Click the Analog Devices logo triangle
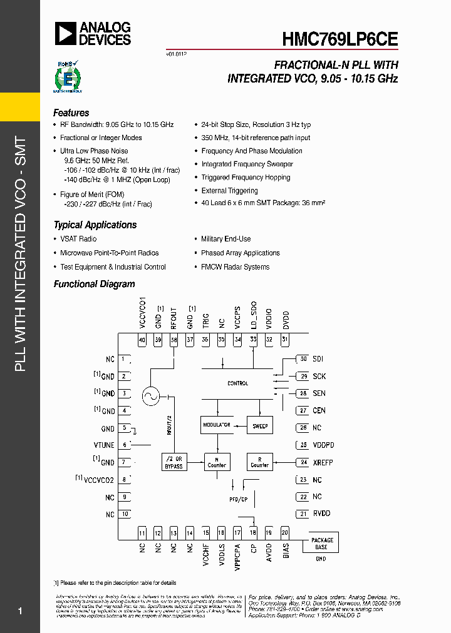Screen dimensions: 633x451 pos(65,33)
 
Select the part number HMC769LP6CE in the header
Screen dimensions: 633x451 pos(340,38)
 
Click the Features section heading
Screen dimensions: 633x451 pos(71,113)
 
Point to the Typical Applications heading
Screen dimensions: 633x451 pos(95,225)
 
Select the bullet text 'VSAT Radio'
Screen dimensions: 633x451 pos(78,239)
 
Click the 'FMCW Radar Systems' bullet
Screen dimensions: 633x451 pos(235,267)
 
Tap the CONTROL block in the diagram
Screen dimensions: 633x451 pos(237,383)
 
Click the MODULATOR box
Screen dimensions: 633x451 pos(216,425)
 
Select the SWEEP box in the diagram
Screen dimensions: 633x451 pos(260,425)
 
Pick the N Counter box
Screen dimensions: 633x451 pos(216,462)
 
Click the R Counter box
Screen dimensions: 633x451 pos(260,462)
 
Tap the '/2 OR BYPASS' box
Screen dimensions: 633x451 pos(174,462)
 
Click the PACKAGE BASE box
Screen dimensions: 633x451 pos(322,543)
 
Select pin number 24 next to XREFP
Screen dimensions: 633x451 pos(304,462)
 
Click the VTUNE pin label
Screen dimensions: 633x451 pos(104,445)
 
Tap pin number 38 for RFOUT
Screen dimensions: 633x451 pos(174,340)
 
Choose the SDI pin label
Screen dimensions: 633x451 pos(318,359)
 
